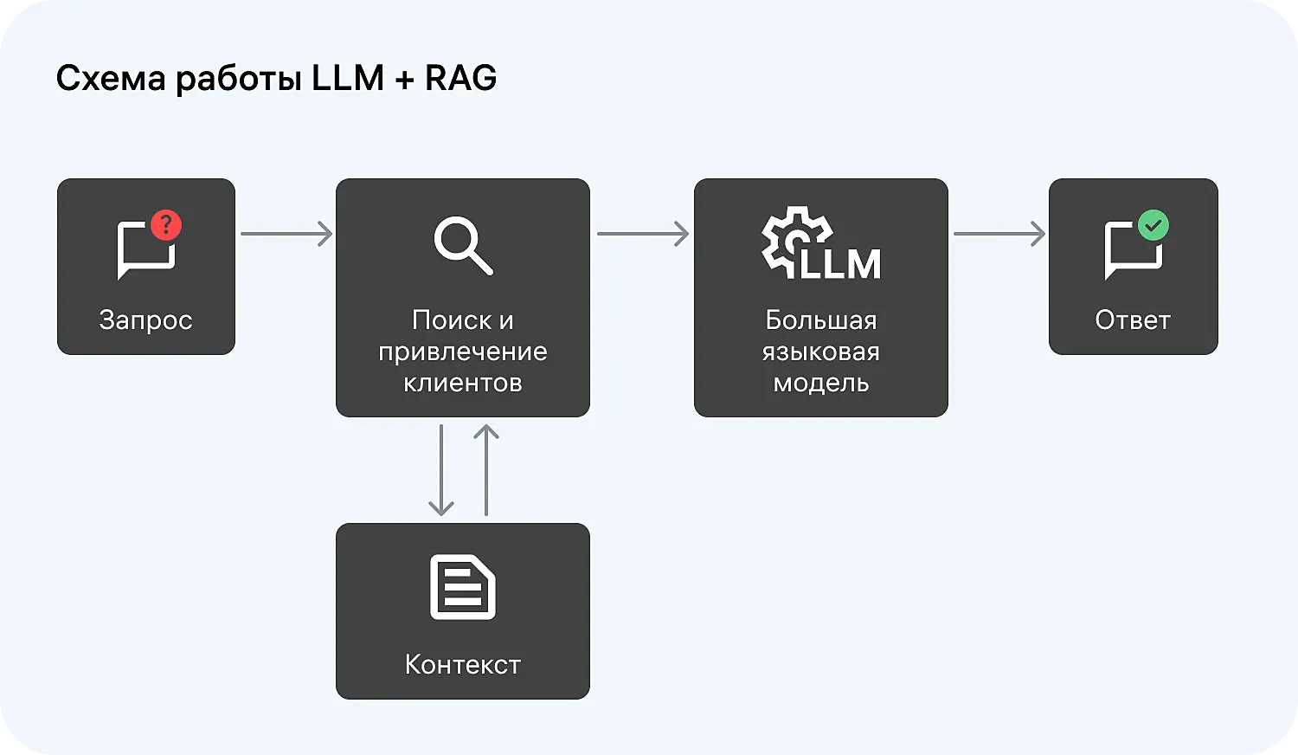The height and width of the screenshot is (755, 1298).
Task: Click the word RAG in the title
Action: tap(460, 78)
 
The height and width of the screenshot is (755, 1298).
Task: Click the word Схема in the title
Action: tap(111, 78)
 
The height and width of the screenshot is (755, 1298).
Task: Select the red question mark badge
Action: tap(166, 225)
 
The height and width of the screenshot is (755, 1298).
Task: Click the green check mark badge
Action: tap(1153, 225)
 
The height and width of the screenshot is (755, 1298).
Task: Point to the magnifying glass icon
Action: tap(463, 246)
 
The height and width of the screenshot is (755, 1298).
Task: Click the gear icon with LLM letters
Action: tap(819, 244)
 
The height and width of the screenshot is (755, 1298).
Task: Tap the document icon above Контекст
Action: tap(463, 587)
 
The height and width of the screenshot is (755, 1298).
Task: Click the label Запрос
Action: tap(145, 320)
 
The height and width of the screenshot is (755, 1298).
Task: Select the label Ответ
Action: tap(1133, 320)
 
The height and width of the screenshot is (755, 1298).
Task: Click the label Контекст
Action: tap(463, 664)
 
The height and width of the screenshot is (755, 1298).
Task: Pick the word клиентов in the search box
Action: tap(463, 383)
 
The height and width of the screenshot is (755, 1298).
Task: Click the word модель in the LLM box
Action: tap(821, 383)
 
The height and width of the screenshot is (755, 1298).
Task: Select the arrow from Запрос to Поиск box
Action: tap(286, 234)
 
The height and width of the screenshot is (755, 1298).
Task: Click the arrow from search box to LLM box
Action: tap(643, 234)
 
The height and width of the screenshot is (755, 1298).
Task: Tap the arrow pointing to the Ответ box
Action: tap(999, 234)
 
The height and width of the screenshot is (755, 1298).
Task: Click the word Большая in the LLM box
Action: tap(821, 320)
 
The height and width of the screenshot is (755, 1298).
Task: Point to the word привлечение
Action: tap(463, 352)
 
